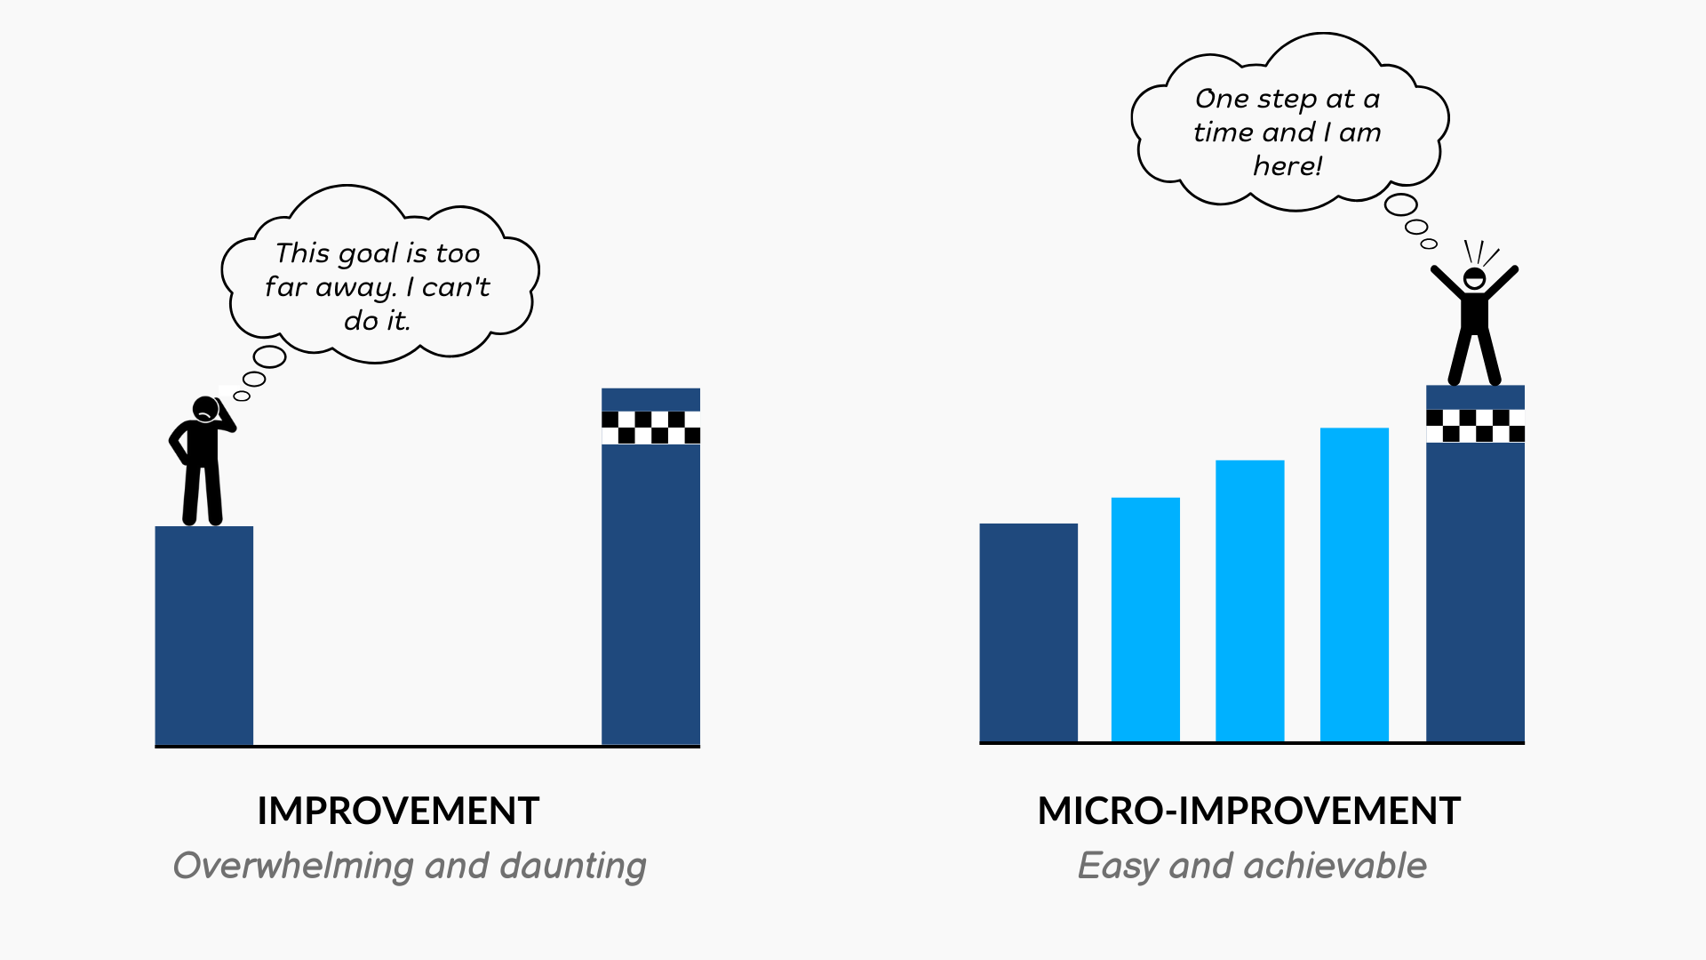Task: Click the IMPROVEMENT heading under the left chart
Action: click(398, 811)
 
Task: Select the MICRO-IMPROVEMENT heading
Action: click(1249, 811)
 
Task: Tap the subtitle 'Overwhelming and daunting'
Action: click(410, 867)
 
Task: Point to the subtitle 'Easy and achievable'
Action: click(1252, 867)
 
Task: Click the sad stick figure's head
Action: click(206, 409)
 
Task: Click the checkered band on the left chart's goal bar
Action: click(650, 428)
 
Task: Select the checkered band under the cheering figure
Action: click(1475, 426)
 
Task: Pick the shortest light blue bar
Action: click(1145, 620)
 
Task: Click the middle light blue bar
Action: click(1249, 601)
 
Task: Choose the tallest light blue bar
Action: click(1354, 585)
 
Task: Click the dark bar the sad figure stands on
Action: click(204, 636)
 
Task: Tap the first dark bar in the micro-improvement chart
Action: click(1028, 633)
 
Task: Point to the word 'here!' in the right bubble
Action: click(1287, 166)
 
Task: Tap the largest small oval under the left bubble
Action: click(269, 357)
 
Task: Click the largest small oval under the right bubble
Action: click(1401, 205)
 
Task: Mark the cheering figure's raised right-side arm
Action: click(1502, 284)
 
